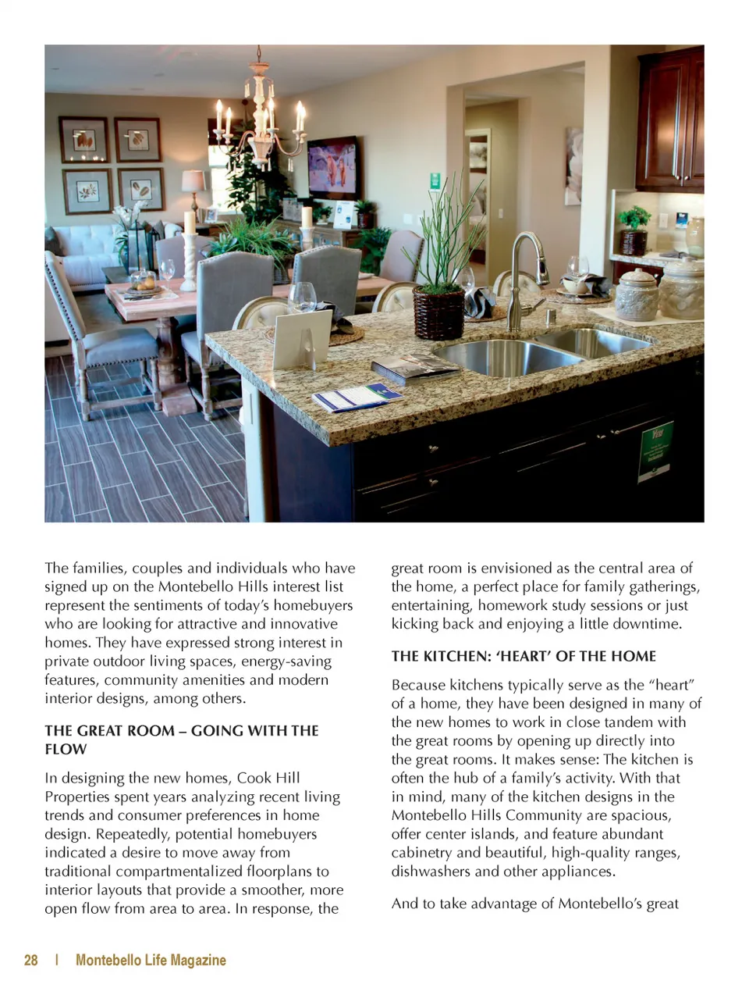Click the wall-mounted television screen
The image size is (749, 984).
click(x=332, y=167)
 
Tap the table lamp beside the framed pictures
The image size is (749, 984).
click(x=193, y=188)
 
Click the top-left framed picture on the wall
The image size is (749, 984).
click(x=84, y=139)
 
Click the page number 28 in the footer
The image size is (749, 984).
click(x=31, y=960)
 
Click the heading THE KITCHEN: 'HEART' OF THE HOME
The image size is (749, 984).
click(x=524, y=656)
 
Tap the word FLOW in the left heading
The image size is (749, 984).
click(x=66, y=749)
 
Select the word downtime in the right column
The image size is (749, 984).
click(x=651, y=623)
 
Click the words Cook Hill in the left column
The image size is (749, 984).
click(x=268, y=777)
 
